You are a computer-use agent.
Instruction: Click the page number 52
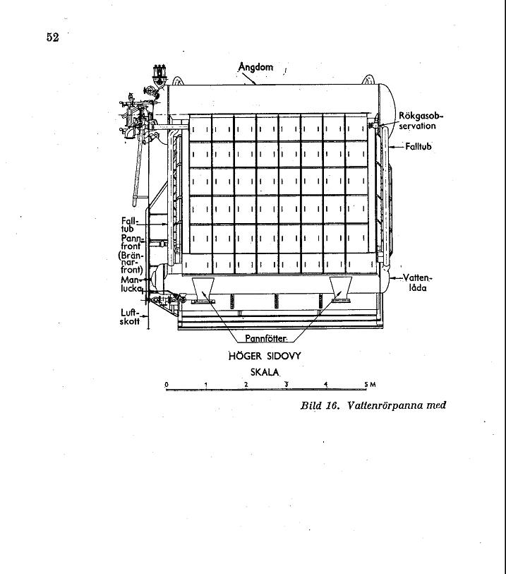click(53, 37)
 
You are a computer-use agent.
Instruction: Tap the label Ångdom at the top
click(255, 67)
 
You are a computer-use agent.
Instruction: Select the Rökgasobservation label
click(420, 121)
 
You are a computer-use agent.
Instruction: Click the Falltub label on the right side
click(418, 146)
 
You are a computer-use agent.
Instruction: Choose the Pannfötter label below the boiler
click(265, 339)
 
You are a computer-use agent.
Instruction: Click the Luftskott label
click(130, 317)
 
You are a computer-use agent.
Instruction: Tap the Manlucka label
click(131, 285)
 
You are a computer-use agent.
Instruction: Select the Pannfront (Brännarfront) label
click(131, 254)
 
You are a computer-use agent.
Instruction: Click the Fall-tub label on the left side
click(130, 225)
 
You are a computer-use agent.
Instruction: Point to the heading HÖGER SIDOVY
click(265, 356)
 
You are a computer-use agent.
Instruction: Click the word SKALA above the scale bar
click(265, 372)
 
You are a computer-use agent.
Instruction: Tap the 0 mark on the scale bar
click(167, 384)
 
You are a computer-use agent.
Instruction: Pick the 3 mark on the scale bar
click(287, 384)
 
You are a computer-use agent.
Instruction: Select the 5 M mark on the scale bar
click(370, 384)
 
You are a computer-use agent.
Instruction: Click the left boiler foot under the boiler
click(203, 290)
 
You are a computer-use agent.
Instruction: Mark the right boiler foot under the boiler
click(341, 290)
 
